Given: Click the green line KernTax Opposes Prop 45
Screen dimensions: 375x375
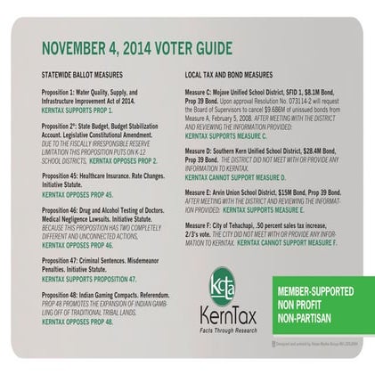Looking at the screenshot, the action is click(78, 193).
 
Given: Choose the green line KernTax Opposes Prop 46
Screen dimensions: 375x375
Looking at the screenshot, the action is click(78, 243).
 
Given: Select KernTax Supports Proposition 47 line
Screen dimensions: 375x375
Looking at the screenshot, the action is click(89, 277).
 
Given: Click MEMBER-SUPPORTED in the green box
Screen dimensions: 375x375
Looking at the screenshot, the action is click(315, 290).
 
